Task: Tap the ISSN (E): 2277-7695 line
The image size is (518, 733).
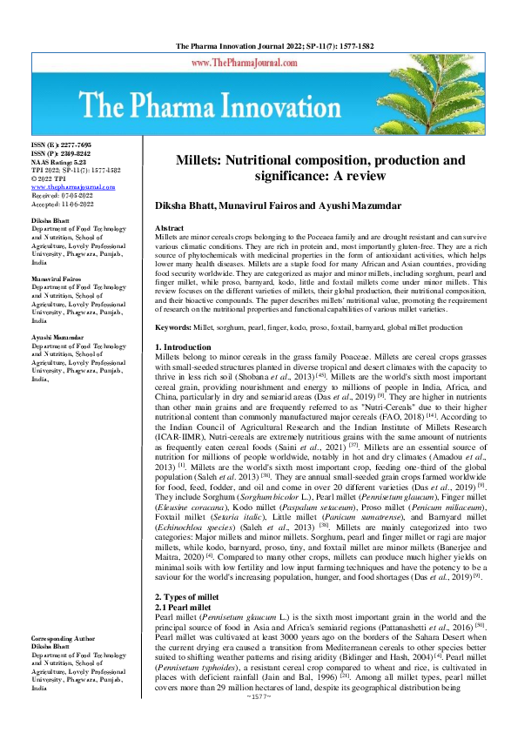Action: pyautogui.click(x=61, y=144)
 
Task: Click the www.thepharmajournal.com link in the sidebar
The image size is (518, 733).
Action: pyautogui.click(x=73, y=187)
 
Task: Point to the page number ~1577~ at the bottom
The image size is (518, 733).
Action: pyautogui.click(x=259, y=722)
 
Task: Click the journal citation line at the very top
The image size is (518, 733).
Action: pyautogui.click(x=259, y=44)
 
